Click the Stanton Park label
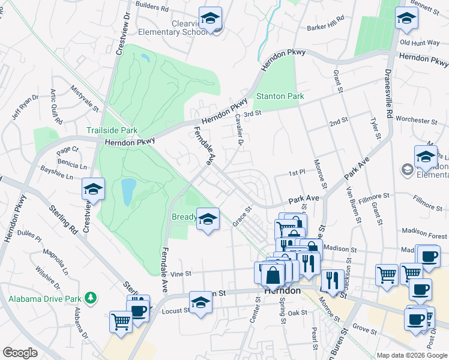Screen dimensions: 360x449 [280, 96]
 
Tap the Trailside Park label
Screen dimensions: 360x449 [112, 130]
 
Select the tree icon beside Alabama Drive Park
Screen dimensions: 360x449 [91, 297]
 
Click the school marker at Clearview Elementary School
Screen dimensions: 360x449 [210, 19]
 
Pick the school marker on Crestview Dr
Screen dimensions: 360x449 [93, 190]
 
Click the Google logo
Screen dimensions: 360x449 [20, 353]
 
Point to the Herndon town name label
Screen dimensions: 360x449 [283, 290]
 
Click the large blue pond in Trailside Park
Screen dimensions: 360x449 [128, 190]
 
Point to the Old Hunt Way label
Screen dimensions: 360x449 [420, 43]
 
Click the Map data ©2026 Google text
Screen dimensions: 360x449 [412, 355]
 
